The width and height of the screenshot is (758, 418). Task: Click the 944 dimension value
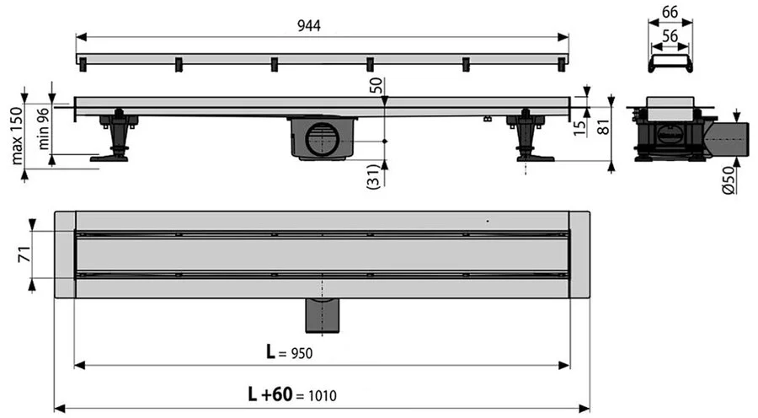click(309, 25)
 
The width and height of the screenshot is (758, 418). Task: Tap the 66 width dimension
click(670, 12)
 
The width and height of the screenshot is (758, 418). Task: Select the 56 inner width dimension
click(670, 35)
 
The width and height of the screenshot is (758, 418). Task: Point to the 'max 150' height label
click(17, 136)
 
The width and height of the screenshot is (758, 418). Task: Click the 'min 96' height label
click(44, 128)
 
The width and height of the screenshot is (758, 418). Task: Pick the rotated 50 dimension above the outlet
click(376, 86)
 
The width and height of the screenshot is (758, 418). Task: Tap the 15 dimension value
click(579, 127)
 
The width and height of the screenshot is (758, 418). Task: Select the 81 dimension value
click(603, 127)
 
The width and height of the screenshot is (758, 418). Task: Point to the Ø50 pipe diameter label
click(729, 180)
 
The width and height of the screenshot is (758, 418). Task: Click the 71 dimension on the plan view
click(24, 255)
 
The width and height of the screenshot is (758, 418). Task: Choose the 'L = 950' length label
click(289, 351)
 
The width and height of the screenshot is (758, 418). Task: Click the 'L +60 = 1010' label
click(292, 394)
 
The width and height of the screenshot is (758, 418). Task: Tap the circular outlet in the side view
click(322, 140)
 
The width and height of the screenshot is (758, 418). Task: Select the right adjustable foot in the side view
click(528, 137)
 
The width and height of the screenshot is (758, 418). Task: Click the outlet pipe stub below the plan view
click(323, 315)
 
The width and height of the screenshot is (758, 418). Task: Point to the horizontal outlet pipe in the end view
click(726, 139)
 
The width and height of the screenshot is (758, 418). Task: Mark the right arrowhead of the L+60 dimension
click(584, 409)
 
